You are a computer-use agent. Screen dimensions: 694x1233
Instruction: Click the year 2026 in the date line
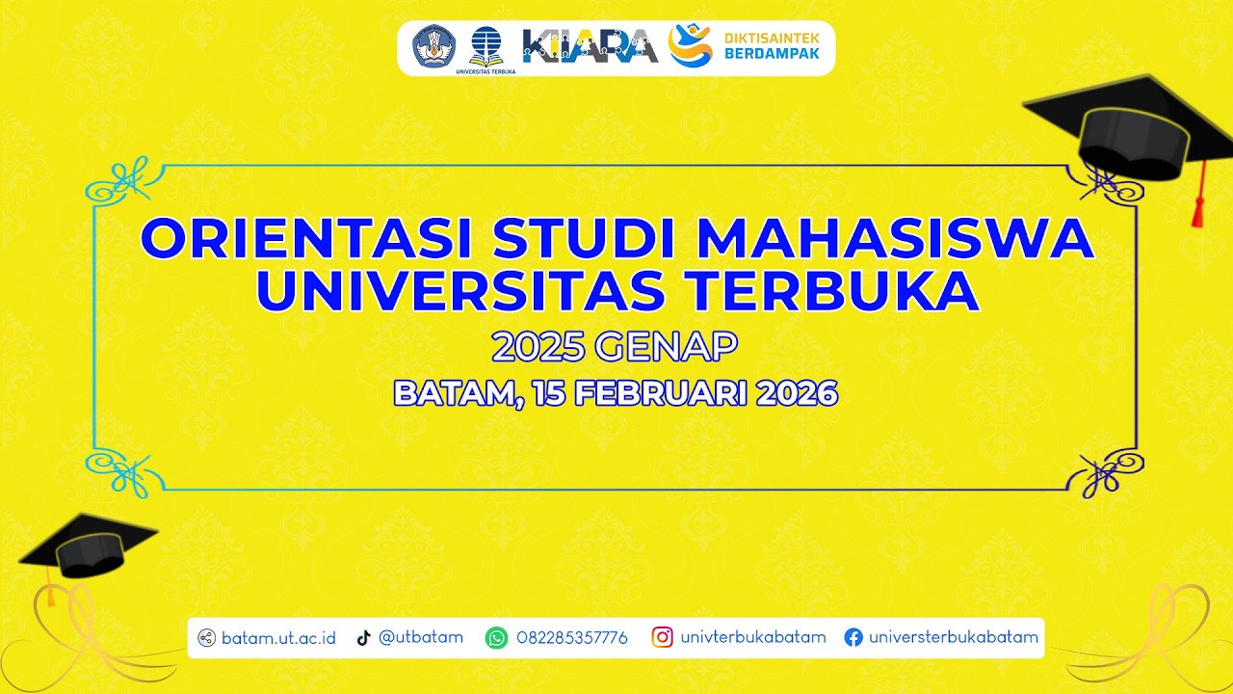pos(796,393)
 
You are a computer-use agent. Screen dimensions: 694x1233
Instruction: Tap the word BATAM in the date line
pos(453,393)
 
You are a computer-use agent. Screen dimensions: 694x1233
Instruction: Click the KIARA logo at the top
pos(590,46)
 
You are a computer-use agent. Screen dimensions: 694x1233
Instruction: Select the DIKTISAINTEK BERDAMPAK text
pos(772,45)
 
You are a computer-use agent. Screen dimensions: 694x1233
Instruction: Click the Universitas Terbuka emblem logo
pos(485,46)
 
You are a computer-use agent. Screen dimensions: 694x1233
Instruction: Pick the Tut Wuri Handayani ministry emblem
pos(434,46)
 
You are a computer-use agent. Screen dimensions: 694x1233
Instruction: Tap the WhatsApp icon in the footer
pos(496,637)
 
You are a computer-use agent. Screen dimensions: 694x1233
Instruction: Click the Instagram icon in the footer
pos(662,637)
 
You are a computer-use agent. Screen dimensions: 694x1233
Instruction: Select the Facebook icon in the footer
pos(853,637)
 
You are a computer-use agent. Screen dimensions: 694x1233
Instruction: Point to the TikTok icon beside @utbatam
pos(363,637)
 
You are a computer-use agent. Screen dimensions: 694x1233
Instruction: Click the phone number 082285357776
pos(572,637)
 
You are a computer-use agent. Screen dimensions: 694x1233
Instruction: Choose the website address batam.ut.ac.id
pos(278,637)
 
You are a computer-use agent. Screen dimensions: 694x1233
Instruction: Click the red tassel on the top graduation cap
pos(1197,202)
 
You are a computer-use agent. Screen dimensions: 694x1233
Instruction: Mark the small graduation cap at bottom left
pos(87,547)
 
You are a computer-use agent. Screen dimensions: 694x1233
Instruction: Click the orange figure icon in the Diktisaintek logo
pos(690,44)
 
